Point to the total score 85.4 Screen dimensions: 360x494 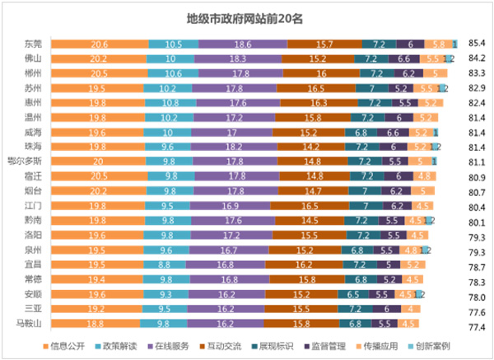(x=476, y=42)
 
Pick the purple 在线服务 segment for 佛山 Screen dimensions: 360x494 (x=237, y=58)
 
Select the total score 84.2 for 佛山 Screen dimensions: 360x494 (x=476, y=58)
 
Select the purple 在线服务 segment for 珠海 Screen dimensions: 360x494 (x=235, y=146)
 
